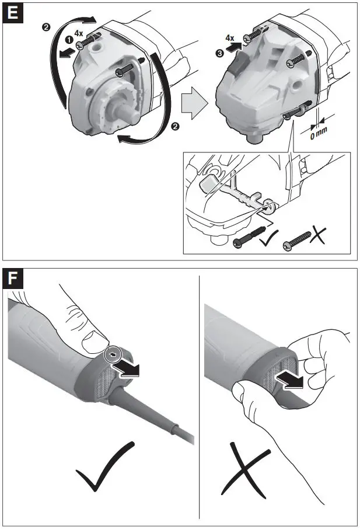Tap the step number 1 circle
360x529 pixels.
68,40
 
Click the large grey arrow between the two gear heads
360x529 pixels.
194,105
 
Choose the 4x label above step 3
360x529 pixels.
230,39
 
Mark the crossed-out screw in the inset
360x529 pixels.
298,239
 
